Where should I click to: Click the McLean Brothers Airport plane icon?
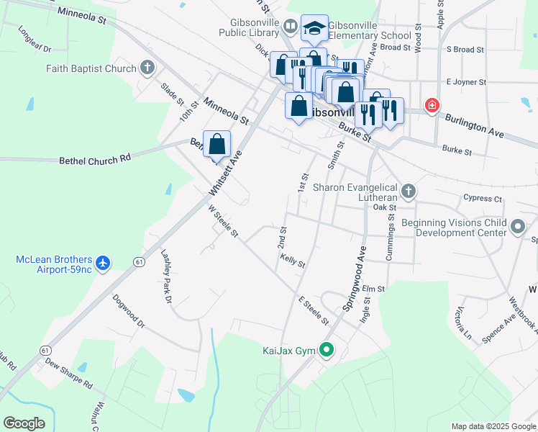pos(103,264)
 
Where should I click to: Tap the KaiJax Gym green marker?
pos(327,351)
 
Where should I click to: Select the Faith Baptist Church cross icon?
pos(147,68)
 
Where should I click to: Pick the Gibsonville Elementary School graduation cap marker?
pos(314,28)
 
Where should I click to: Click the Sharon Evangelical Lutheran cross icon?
pos(409,192)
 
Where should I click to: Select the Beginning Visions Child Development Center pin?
pos(518,228)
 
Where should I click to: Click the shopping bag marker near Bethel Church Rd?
pos(216,145)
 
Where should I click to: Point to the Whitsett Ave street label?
pos(227,174)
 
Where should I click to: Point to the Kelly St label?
pos(293,260)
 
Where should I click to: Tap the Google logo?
pos(24,423)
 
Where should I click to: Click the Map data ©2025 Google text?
pos(493,426)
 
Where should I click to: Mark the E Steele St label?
pos(314,310)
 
